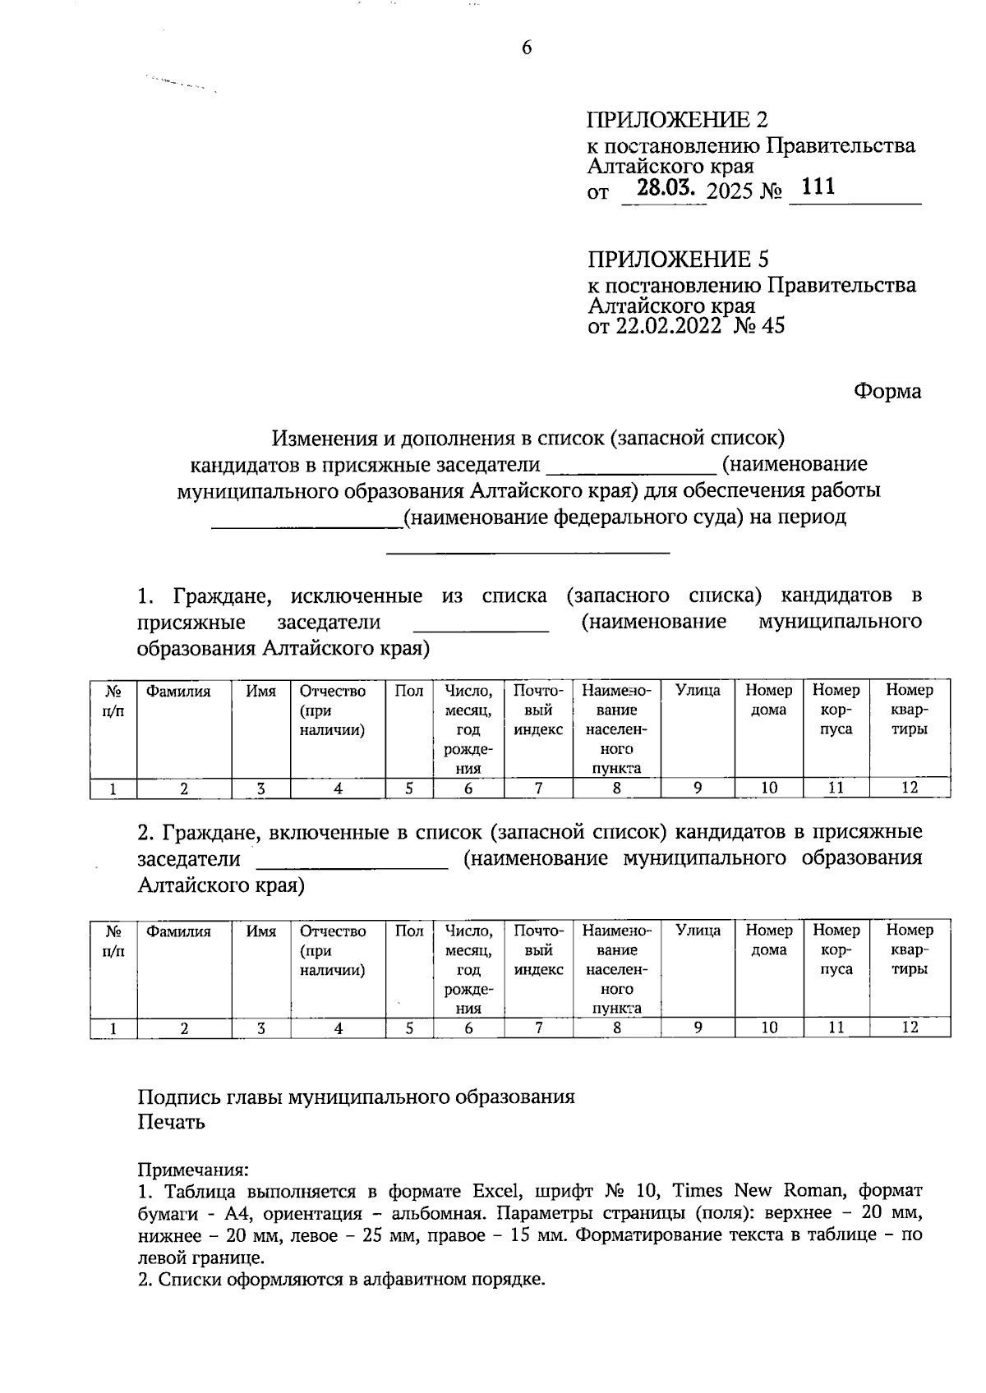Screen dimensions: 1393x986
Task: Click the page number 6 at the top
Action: pyautogui.click(x=527, y=48)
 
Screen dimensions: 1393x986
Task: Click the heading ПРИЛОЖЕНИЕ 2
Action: pyautogui.click(x=677, y=120)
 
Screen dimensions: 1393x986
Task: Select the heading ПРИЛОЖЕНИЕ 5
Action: pyautogui.click(x=678, y=260)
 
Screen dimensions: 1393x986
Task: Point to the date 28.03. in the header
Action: pyautogui.click(x=666, y=189)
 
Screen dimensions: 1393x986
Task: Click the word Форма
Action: pyautogui.click(x=887, y=391)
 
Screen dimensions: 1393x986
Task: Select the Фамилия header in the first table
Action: pyautogui.click(x=178, y=692)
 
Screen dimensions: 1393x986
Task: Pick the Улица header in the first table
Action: pyautogui.click(x=698, y=691)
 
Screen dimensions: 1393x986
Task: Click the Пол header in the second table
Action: pyautogui.click(x=408, y=931)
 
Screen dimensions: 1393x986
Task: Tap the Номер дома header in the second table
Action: pyautogui.click(x=768, y=940)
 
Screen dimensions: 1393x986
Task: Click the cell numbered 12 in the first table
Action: pyautogui.click(x=909, y=788)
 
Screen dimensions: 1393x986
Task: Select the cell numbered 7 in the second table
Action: pyautogui.click(x=538, y=1028)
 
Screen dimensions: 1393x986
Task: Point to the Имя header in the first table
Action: pyautogui.click(x=261, y=692)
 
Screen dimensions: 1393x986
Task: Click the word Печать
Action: pyautogui.click(x=171, y=1122)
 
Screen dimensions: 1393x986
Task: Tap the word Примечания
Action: pyautogui.click(x=192, y=1170)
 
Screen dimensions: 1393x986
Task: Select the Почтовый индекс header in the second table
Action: pyautogui.click(x=538, y=950)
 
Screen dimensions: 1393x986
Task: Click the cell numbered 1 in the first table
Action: pyautogui.click(x=113, y=788)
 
